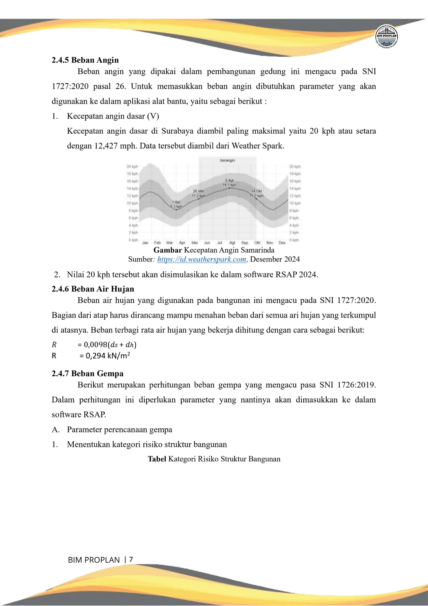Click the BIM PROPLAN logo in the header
[386, 36]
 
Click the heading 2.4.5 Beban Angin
[85, 60]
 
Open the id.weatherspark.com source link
[202, 259]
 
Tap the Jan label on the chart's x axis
[145, 243]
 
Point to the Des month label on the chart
[282, 243]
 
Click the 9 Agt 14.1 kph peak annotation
[229, 183]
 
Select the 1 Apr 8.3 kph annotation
[176, 204]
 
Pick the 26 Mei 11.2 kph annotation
[199, 193]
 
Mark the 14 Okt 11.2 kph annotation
[256, 193]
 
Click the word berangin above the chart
[227, 160]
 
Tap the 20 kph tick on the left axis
[132, 166]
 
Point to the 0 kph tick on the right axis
[294, 240]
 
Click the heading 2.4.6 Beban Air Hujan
[93, 289]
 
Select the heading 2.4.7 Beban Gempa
[87, 373]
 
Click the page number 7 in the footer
[131, 560]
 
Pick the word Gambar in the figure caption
[167, 250]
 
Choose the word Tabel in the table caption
[157, 459]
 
